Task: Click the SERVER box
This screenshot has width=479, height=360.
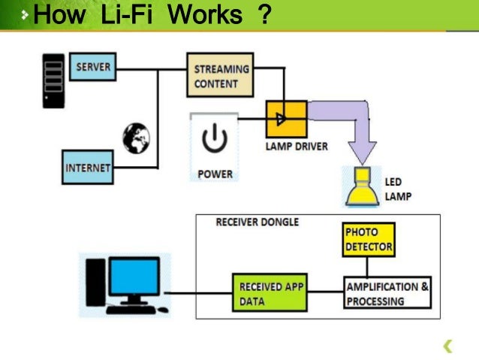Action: pyautogui.click(x=93, y=68)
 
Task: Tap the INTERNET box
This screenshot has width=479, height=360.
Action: pyautogui.click(x=87, y=167)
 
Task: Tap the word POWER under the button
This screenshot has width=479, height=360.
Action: pyautogui.click(x=215, y=174)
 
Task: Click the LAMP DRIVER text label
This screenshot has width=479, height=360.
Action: pyautogui.click(x=297, y=147)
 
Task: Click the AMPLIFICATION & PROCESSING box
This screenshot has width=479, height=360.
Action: pyautogui.click(x=387, y=294)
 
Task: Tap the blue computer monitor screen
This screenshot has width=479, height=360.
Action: pyautogui.click(x=134, y=277)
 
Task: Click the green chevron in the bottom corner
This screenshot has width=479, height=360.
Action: pyautogui.click(x=448, y=346)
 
